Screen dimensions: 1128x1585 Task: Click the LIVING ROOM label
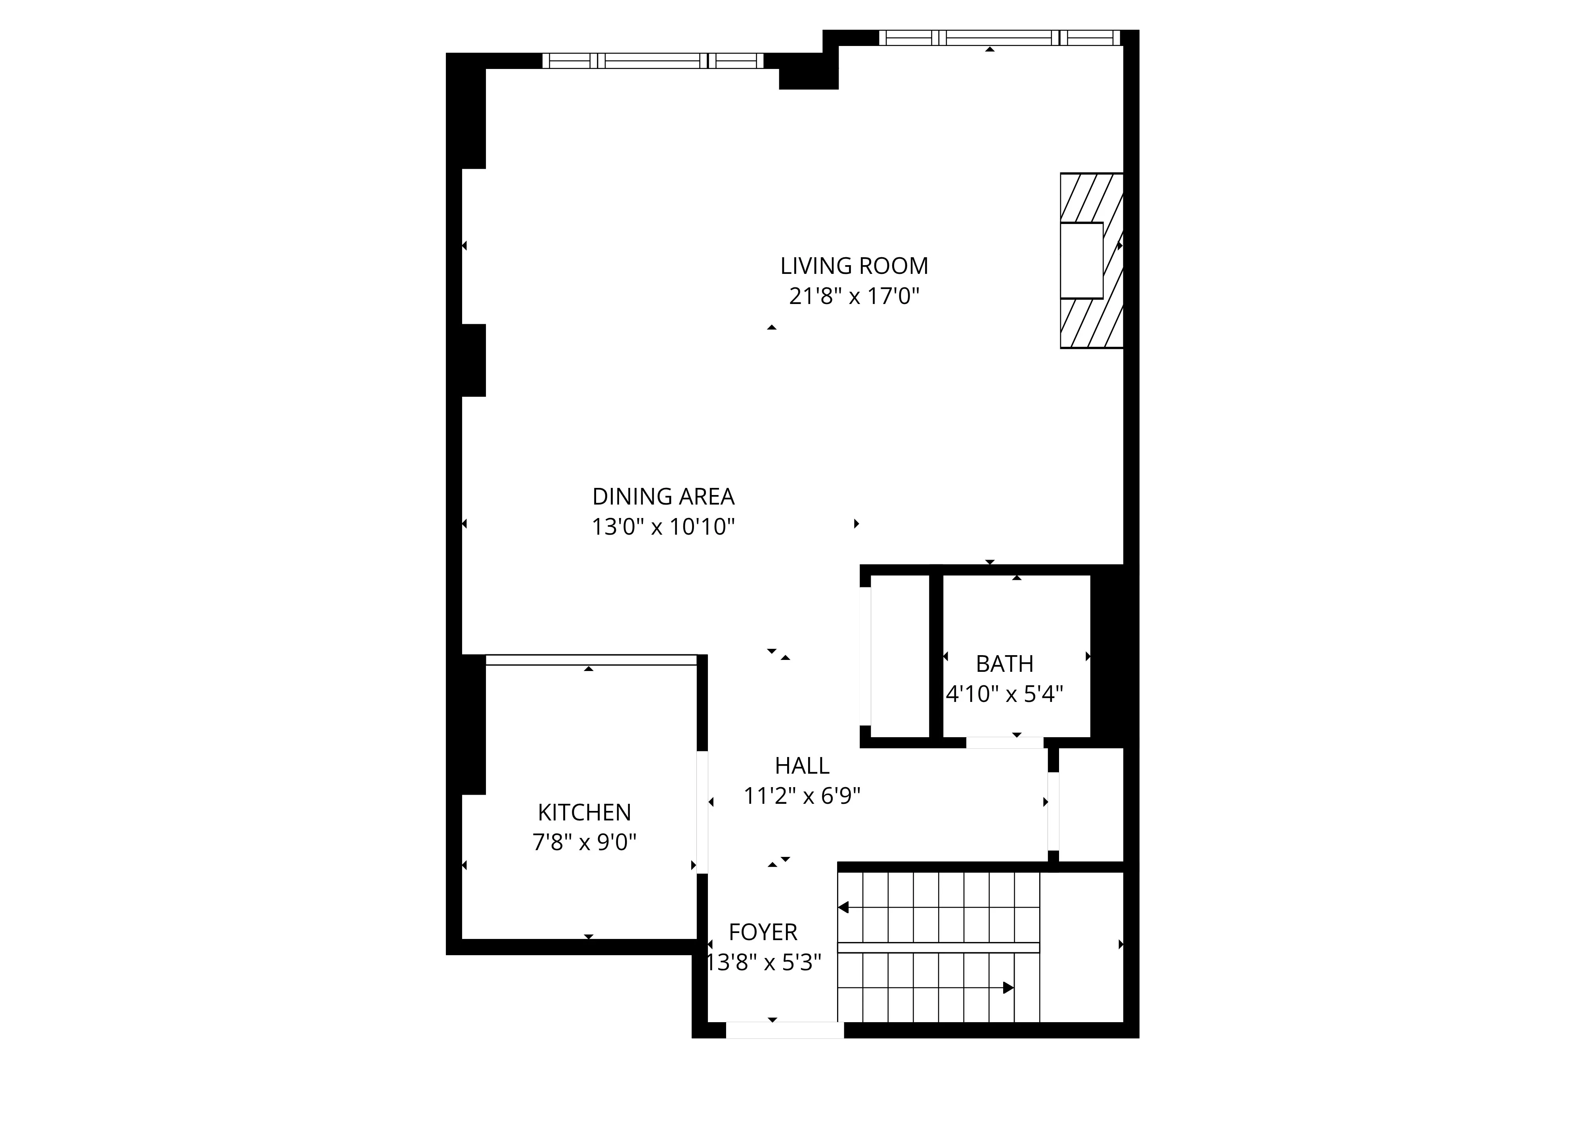click(x=854, y=266)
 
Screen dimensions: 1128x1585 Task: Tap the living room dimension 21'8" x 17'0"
click(x=854, y=296)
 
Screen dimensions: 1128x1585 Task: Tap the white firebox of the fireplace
click(x=1082, y=260)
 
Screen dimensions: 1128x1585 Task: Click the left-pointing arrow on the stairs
click(x=844, y=907)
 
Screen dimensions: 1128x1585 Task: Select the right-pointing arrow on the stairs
click(x=1008, y=988)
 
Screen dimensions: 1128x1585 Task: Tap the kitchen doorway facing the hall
click(x=702, y=812)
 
